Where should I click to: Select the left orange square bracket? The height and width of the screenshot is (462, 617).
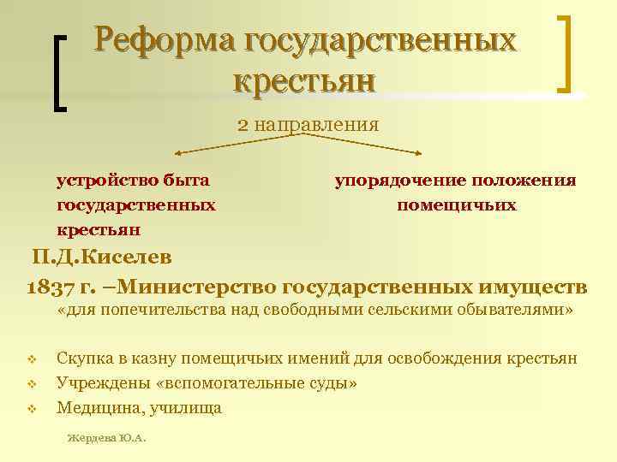tap(60, 73)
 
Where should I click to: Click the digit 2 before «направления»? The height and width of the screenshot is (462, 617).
tap(243, 125)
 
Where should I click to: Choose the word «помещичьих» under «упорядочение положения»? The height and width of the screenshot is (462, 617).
tap(456, 205)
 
